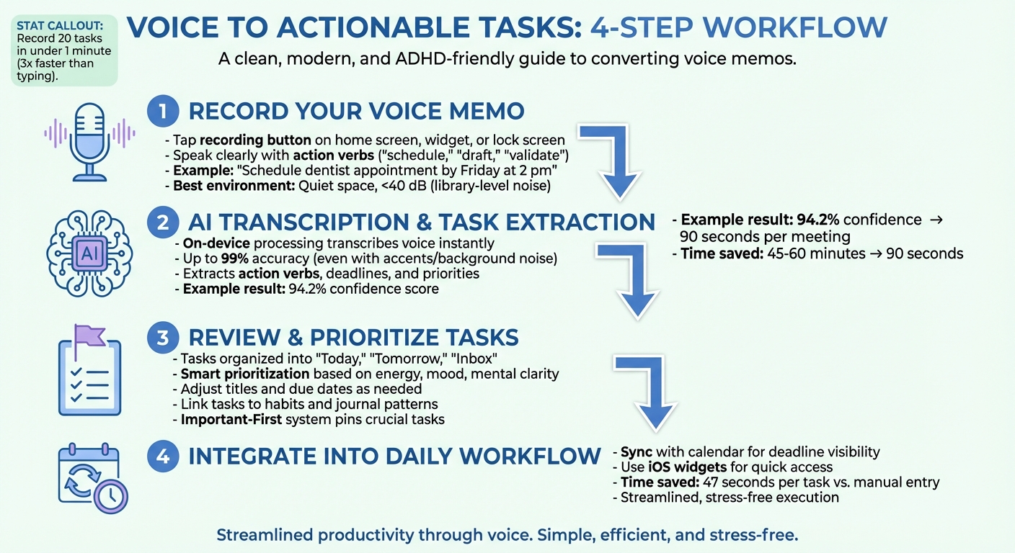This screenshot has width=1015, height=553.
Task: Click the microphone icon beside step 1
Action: (x=89, y=140)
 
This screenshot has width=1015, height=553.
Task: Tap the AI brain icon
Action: (x=90, y=253)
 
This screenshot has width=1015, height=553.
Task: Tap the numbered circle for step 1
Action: (x=163, y=112)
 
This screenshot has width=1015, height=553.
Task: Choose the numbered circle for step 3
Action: (x=163, y=337)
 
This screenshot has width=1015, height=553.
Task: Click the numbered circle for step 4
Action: (x=163, y=455)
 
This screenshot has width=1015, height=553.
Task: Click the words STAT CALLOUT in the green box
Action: (x=59, y=27)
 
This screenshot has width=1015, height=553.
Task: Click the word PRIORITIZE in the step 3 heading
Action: (x=379, y=337)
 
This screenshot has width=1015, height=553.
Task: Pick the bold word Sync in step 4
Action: (x=637, y=452)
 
